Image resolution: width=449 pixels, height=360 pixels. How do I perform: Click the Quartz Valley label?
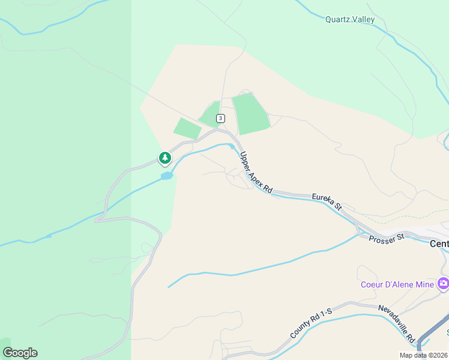pos(350,19)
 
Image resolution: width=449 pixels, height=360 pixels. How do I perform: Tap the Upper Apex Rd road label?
pos(256,173)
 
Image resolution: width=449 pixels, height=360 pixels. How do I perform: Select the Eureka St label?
pos(327,201)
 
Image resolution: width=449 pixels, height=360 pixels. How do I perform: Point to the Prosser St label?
pos(387,237)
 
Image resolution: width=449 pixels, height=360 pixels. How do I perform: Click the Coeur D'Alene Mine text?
pos(397,284)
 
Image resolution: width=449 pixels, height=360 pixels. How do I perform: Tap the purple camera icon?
pos(444,283)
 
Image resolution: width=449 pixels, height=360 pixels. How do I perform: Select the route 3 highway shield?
pos(221,118)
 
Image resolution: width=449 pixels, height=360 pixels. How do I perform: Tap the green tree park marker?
pos(164,158)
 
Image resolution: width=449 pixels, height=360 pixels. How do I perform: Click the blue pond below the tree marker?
pos(166,176)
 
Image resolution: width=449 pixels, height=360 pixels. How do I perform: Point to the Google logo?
pos(19,353)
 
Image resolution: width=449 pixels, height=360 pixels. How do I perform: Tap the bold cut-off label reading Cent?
pos(439,244)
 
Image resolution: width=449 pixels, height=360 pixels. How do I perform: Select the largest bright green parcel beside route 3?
pos(250,113)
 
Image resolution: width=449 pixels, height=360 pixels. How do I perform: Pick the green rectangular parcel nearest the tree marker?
pos(187,128)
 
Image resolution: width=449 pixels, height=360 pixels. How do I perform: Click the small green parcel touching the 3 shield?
pos(209,114)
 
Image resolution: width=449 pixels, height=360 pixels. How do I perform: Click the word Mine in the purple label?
pos(423,284)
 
